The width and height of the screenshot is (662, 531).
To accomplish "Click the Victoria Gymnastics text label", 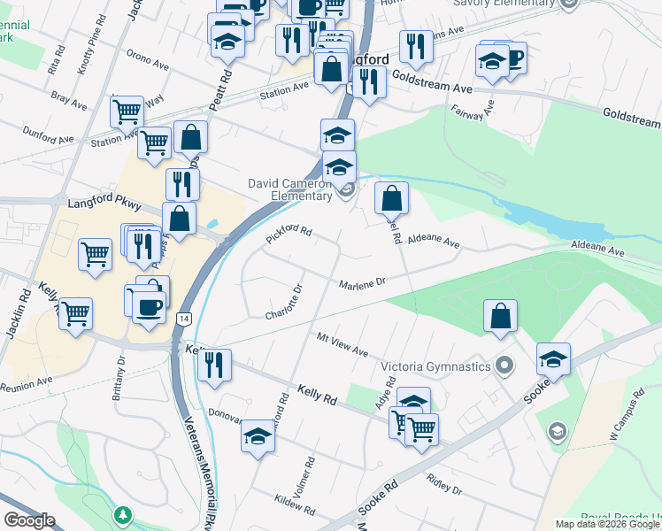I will pos(435,366).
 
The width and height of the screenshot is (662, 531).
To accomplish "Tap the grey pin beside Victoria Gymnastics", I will pos(504,365).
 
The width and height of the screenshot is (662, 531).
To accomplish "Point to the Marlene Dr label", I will pos(363,283).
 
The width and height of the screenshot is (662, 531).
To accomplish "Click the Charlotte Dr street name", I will pos(284,302).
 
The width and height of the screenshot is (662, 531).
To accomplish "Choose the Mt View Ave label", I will pos(343,344).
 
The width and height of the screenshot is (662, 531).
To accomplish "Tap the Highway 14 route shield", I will pos(183,318).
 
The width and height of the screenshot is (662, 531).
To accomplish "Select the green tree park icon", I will pos(124,514).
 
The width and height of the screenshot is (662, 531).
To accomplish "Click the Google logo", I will pos(29,520).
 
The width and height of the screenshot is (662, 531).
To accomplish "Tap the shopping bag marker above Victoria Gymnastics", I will pos(500,316).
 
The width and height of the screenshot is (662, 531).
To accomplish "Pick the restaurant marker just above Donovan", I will pos(213,366).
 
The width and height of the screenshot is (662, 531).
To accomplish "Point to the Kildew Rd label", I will pos(295,507).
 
